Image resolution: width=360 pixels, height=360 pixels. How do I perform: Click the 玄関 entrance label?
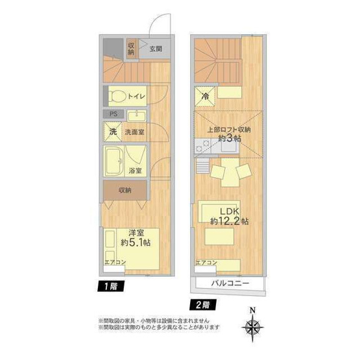(x=156, y=49)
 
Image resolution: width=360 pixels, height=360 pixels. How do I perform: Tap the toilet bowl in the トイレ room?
(x=117, y=96)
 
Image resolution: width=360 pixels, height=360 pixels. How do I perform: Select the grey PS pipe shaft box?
(x=114, y=114)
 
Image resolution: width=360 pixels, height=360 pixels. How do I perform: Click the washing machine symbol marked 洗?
(x=113, y=132)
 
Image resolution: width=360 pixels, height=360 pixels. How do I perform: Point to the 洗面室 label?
(x=134, y=132)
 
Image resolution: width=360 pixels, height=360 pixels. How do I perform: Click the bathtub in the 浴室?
(x=114, y=161)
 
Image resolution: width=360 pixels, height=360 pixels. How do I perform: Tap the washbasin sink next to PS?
(x=137, y=116)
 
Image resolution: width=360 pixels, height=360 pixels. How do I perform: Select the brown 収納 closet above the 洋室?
(x=125, y=190)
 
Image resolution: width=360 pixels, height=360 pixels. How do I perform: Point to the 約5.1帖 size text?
(x=136, y=243)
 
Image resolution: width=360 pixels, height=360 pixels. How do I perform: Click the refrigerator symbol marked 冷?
(x=205, y=97)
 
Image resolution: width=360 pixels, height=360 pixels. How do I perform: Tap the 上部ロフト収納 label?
(x=229, y=130)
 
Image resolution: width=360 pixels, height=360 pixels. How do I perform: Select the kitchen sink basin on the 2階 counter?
(x=228, y=145)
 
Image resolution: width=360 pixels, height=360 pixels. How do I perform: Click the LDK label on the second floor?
(x=230, y=211)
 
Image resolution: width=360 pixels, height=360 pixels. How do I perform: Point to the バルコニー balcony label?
(x=230, y=283)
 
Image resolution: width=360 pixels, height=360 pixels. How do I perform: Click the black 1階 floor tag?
(x=111, y=287)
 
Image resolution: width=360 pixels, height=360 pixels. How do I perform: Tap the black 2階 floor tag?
(x=203, y=305)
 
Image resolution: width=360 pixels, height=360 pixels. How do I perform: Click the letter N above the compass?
(x=252, y=311)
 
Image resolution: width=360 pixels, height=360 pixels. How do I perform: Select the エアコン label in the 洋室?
(x=115, y=262)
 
